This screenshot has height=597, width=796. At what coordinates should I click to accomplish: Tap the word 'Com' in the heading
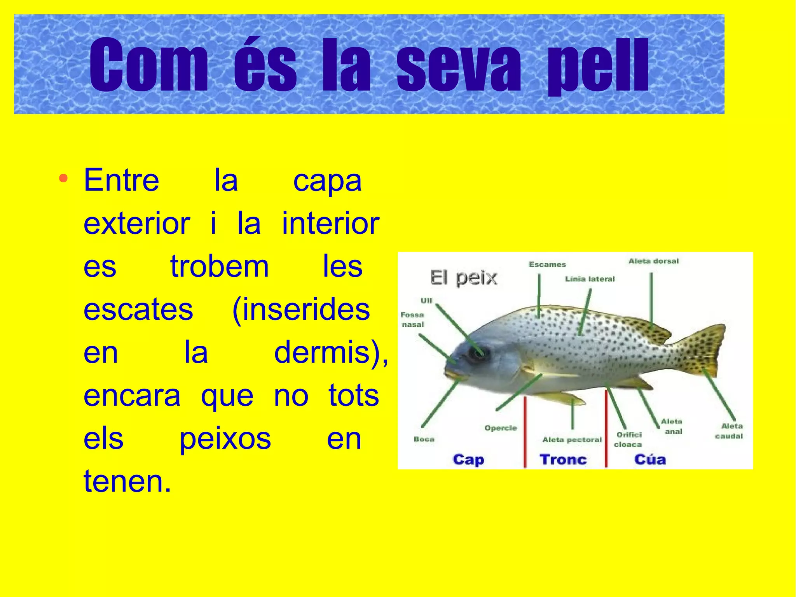[x=148, y=65]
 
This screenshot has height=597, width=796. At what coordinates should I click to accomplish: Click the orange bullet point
[x=63, y=179]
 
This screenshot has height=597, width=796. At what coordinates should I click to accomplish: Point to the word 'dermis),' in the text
[x=331, y=352]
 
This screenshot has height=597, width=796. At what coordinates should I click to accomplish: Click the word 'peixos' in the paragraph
[x=225, y=439]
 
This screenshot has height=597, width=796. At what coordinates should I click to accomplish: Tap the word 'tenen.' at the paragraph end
[x=127, y=481]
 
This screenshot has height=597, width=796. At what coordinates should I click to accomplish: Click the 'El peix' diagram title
[x=464, y=278]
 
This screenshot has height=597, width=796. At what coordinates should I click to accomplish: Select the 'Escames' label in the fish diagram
[x=547, y=264]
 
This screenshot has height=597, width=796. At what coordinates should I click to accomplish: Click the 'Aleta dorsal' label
[x=654, y=261]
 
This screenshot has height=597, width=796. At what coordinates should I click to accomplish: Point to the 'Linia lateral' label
[x=590, y=279]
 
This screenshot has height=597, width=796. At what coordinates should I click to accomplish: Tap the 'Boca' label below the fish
[x=424, y=439]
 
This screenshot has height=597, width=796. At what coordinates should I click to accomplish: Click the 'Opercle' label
[x=501, y=428]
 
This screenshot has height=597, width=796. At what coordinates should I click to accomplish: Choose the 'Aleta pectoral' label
[x=572, y=440]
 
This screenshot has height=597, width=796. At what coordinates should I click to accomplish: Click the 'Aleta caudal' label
[x=730, y=431]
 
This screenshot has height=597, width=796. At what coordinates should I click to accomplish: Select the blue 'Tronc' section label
[x=563, y=459]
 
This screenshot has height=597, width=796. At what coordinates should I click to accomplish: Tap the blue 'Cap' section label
[x=468, y=459]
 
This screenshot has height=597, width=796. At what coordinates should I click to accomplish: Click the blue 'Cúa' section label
[x=650, y=459]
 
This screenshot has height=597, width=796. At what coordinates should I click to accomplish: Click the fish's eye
[x=477, y=352]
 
